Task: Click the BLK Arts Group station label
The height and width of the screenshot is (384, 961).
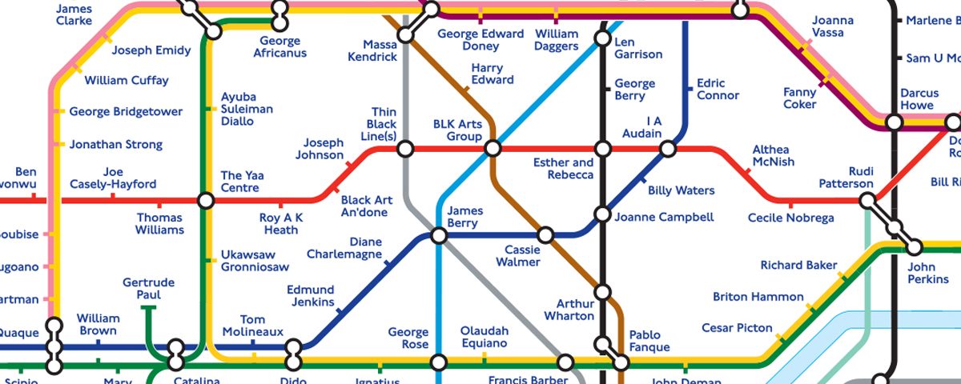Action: (457, 130)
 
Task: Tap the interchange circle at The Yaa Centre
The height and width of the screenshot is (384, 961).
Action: (206, 200)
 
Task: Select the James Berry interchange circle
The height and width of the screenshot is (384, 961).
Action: (439, 235)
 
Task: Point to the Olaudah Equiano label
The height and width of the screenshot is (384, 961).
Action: (484, 338)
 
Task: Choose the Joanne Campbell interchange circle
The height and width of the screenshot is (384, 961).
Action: (602, 214)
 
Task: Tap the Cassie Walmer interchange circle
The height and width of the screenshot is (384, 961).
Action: (545, 235)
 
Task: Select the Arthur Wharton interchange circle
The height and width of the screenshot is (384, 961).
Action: (602, 292)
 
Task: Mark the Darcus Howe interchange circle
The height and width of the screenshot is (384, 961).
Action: (894, 122)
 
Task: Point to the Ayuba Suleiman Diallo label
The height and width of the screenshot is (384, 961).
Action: (247, 110)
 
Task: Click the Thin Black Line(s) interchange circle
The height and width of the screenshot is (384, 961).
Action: (405, 149)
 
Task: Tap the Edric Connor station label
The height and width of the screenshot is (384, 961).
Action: (718, 89)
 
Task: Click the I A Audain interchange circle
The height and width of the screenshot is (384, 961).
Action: (667, 149)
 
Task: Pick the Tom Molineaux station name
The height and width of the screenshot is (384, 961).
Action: (253, 326)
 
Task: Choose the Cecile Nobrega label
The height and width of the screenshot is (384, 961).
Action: (790, 218)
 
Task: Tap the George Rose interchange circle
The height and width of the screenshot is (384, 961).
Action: (438, 362)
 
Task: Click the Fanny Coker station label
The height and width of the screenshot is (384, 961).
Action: (799, 98)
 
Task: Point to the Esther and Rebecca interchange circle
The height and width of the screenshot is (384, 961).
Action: (602, 149)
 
